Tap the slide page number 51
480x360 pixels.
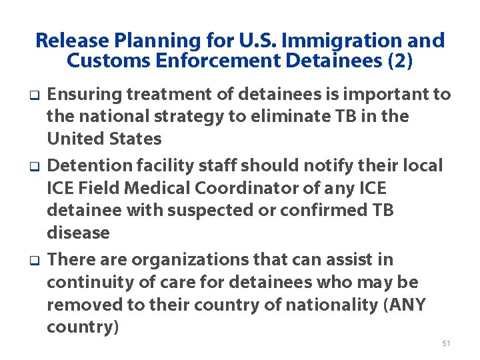point(446,343)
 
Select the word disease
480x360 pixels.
point(78,233)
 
